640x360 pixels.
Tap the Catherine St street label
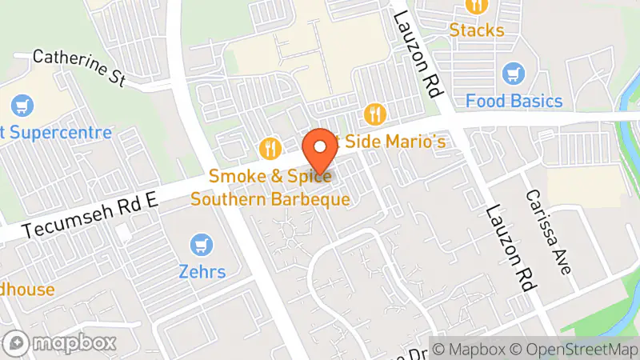coord(80,69)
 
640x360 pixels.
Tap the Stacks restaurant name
coord(477,30)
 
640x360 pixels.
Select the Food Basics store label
coord(514,102)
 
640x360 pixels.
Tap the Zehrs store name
coord(202,272)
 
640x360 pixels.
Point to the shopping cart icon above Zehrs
coord(202,245)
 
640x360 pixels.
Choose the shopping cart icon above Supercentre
coord(22,105)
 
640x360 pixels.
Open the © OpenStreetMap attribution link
coord(574,349)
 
